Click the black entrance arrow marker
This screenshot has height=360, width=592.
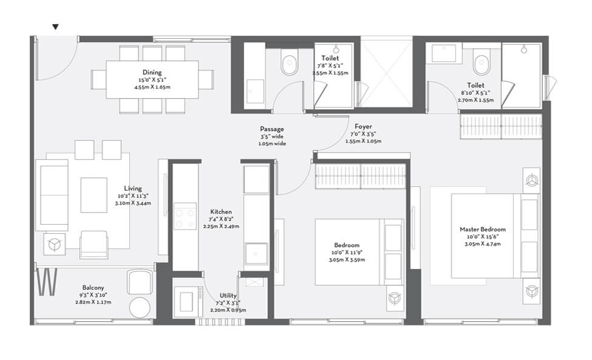(56, 27)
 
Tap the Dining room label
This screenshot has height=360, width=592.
(152, 73)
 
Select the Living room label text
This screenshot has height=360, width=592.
(133, 188)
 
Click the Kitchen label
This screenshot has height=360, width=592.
(220, 211)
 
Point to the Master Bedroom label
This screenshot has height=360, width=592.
(482, 229)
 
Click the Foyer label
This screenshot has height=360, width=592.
(363, 126)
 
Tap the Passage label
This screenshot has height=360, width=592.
(271, 129)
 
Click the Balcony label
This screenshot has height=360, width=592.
(94, 288)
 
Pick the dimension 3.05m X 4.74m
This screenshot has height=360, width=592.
(482, 245)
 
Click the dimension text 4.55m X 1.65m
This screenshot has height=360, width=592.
(152, 87)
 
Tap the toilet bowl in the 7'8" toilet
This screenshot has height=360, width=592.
(290, 63)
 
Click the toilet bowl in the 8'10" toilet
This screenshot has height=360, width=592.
(483, 63)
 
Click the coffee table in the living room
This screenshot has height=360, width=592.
(94, 194)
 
